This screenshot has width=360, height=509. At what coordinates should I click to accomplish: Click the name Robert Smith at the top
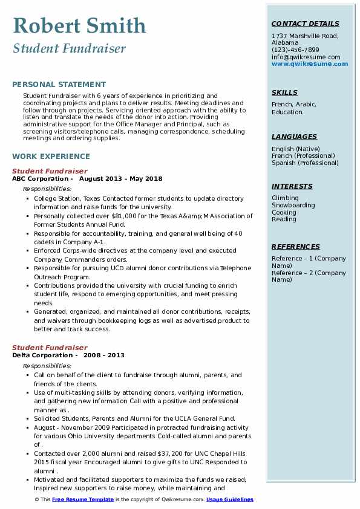[79, 25]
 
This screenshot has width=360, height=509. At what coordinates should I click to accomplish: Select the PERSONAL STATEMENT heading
[59, 85]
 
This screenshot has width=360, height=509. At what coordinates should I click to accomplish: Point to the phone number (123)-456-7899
[295, 50]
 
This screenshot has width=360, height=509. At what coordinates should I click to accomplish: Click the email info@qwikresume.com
[306, 57]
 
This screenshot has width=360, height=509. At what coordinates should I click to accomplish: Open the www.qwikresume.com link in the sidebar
[310, 63]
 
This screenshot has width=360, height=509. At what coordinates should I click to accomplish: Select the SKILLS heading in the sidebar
[284, 92]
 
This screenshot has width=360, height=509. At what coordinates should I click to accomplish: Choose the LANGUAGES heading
[294, 137]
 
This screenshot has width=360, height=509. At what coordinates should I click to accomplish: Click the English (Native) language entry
[296, 149]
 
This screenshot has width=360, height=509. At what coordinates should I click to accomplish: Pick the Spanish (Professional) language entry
[305, 163]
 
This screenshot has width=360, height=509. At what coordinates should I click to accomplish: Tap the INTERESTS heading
[292, 186]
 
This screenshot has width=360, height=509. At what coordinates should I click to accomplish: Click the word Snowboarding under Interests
[293, 205]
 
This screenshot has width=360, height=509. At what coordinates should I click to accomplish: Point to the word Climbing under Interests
[285, 198]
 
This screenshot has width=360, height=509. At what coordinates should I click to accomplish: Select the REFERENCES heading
[296, 247]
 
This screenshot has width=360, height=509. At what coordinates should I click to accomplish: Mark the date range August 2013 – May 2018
[120, 179]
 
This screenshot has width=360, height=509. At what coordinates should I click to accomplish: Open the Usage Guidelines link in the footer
[231, 499]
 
